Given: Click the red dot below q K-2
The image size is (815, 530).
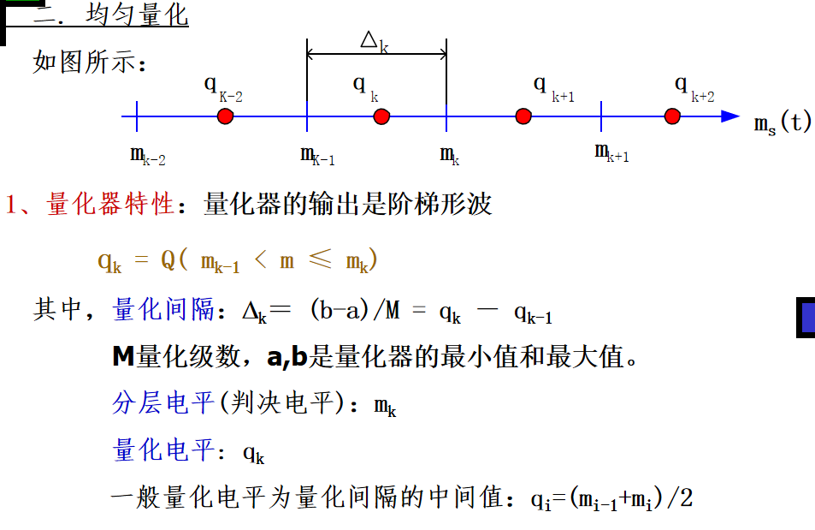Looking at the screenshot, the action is tap(225, 116).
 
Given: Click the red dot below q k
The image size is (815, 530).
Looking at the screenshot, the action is tap(381, 116).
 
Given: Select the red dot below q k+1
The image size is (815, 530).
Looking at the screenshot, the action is tap(523, 116).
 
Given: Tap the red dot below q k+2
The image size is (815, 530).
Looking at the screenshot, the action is tap(673, 116).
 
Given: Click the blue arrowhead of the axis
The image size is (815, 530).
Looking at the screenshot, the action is tap(729, 116).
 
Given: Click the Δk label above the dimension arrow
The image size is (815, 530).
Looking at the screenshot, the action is tap(375, 41).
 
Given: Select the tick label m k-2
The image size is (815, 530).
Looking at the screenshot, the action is tap(147, 156).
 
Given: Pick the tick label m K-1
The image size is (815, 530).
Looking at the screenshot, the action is tap(317, 156).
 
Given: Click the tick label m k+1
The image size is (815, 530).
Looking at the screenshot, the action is tap(611, 153).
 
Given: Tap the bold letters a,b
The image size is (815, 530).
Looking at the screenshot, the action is tap(286, 356).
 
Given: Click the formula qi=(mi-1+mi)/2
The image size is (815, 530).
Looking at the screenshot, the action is tap(611, 497).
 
